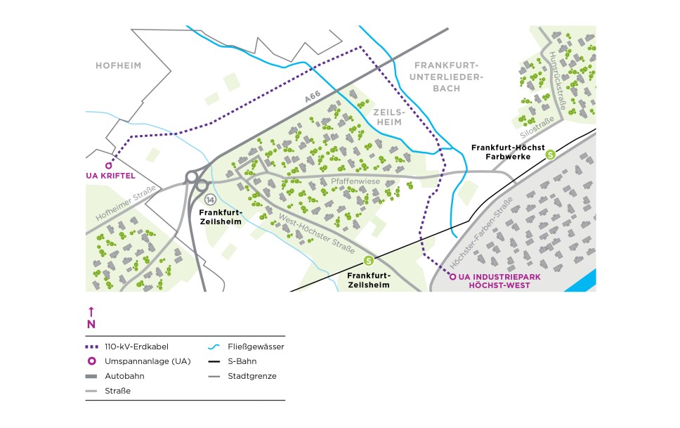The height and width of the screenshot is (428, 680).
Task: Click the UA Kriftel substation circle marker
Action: point(109,164)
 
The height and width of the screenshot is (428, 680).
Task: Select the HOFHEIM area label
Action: point(119,66)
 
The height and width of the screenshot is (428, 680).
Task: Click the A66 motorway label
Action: point(313,98)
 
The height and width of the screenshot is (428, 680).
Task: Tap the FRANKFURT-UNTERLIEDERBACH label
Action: point(446,76)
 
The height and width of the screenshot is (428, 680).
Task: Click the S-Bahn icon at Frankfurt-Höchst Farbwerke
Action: point(551,155)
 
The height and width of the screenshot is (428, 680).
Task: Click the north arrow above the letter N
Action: point(91,311)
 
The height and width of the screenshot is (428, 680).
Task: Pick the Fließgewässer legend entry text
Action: point(252,346)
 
